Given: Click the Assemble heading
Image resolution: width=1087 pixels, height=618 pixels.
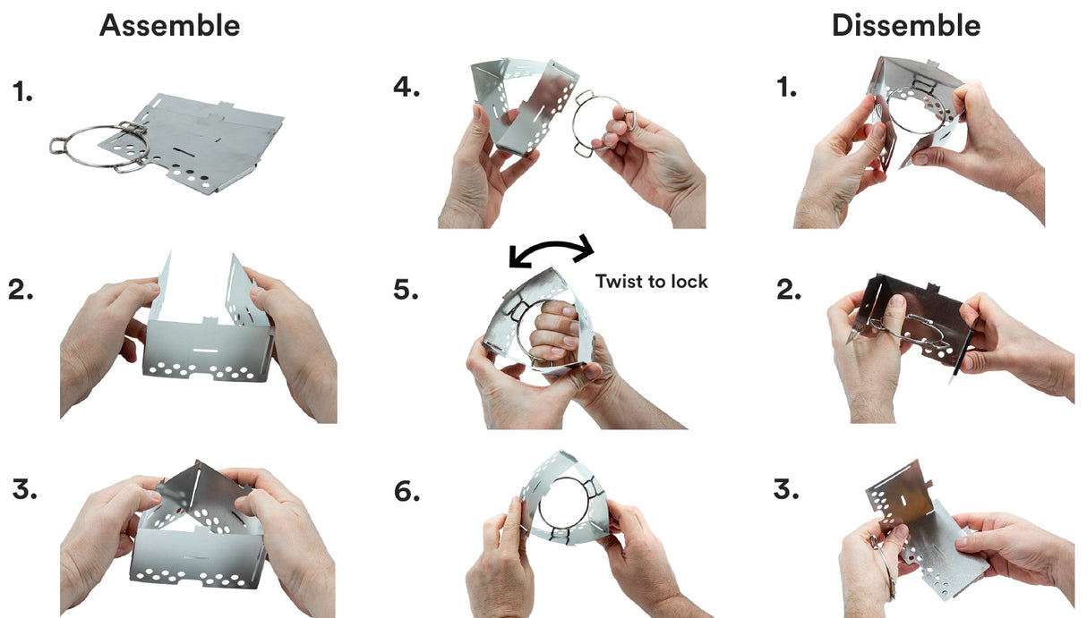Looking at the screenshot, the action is (170, 26).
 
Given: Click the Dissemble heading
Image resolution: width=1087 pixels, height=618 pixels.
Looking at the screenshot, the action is (906, 26).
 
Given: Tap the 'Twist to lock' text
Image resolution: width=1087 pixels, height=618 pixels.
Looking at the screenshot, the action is (652, 281).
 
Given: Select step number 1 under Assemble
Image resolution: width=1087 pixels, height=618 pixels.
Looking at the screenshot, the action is (22, 91).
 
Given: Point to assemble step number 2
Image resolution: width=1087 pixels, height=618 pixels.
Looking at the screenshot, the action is (21, 290).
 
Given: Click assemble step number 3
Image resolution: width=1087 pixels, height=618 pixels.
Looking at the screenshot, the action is (24, 489).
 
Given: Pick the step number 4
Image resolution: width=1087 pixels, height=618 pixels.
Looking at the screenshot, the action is (407, 88).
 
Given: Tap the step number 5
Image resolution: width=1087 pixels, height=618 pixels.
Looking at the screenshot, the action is (407, 290).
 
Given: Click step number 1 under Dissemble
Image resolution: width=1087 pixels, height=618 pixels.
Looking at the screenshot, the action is (787, 88).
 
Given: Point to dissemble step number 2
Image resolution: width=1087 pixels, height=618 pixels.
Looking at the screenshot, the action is (789, 290).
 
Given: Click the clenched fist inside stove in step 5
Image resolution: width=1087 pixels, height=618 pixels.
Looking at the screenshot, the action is (552, 331).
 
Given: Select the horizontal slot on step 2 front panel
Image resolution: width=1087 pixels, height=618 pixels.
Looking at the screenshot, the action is (206, 350).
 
